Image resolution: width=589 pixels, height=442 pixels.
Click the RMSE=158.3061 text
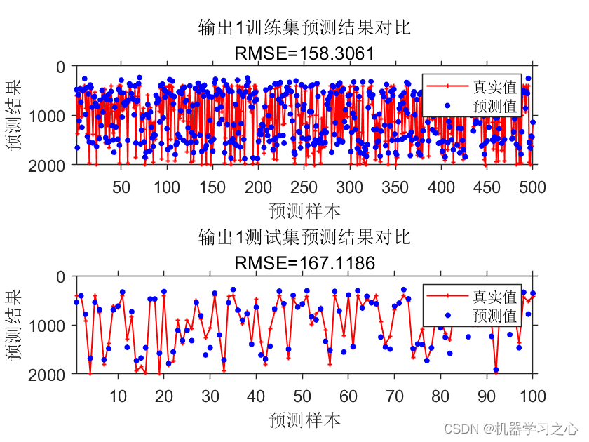coord(304,53)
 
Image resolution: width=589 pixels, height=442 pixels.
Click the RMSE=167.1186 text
coord(304,263)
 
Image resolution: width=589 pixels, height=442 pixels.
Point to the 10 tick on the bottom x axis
coord(119,396)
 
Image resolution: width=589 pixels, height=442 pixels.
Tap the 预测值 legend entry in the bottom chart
coord(495,316)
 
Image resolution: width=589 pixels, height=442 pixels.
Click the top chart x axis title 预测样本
coord(304,210)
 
